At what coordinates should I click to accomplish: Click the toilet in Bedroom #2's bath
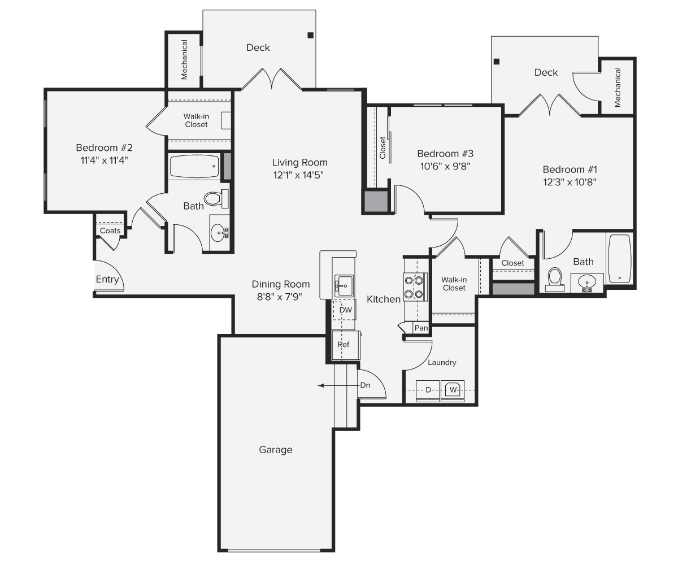214,198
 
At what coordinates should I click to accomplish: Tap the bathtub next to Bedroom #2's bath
194,167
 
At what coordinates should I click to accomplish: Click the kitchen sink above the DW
343,286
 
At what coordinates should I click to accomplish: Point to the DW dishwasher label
345,310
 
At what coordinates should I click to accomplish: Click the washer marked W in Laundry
453,390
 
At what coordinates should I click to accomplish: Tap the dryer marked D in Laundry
428,390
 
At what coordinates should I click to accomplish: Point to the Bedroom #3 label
445,154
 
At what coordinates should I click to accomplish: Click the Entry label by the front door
107,280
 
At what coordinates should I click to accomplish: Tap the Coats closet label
110,231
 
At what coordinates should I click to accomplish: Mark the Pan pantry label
421,328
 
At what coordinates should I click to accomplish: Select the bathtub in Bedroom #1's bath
619,259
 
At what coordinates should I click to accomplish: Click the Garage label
276,450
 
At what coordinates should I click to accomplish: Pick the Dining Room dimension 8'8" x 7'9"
281,297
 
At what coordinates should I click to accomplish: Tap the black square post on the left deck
310,36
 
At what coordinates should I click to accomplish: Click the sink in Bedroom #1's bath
586,282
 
